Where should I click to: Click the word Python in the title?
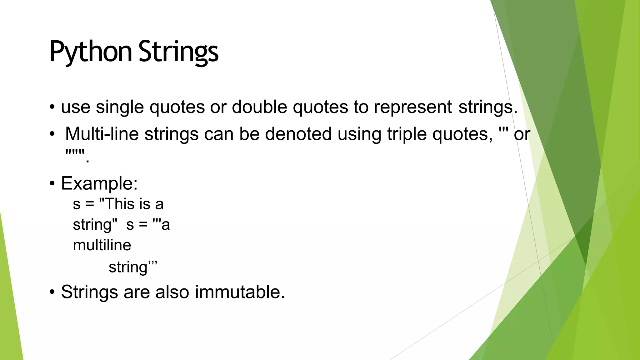[x=91, y=52]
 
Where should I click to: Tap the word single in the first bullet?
[x=120, y=107]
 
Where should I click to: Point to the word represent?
[x=413, y=107]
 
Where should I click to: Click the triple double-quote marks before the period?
[x=75, y=153]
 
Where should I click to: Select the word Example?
[x=99, y=183]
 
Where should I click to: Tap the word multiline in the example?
[x=102, y=245]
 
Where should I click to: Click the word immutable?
[x=240, y=292]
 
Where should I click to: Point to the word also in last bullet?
[x=172, y=292]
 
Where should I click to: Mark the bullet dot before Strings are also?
[x=52, y=292]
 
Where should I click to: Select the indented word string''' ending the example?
[x=132, y=267]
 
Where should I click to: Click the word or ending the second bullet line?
[x=522, y=135]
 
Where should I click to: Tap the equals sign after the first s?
[x=90, y=205]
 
